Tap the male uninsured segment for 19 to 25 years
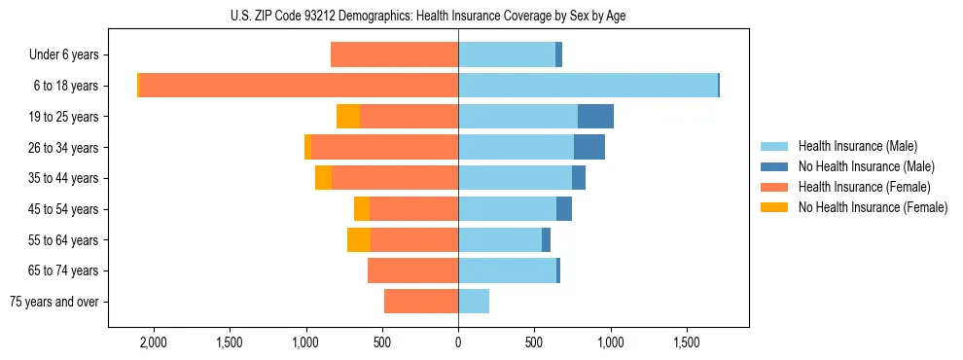[x=595, y=117]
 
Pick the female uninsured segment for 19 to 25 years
[x=348, y=117]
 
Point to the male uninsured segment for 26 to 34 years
[x=589, y=147]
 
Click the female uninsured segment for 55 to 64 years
[x=359, y=239]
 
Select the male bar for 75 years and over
[x=474, y=302]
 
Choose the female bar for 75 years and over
[x=421, y=302]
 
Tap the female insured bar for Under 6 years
[x=395, y=54]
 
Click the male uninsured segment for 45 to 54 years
[x=564, y=209]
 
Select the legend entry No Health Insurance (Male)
[x=859, y=166]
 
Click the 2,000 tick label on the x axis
[x=154, y=342]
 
